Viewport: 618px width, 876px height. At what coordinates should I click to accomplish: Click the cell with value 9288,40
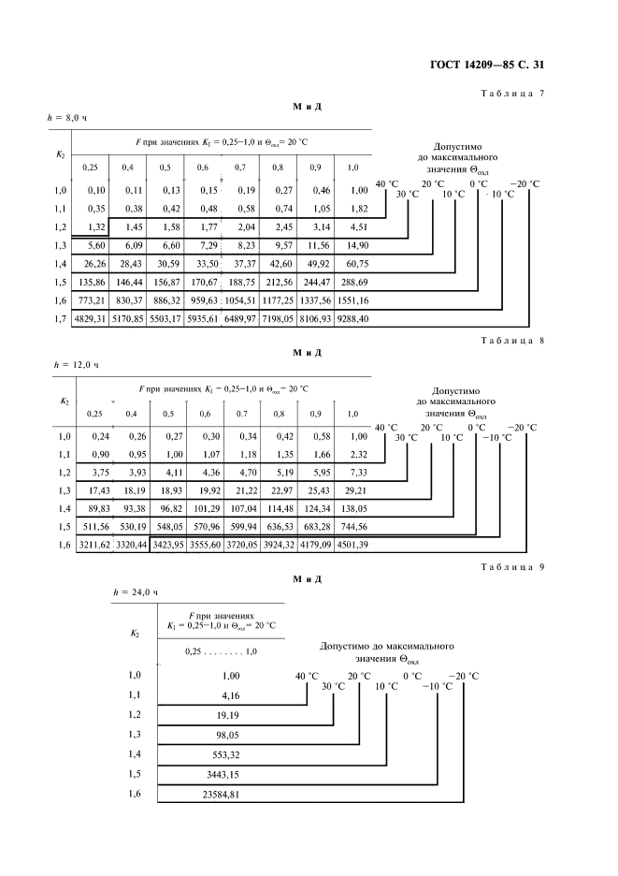352,319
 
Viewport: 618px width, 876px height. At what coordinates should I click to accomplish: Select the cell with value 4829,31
90,319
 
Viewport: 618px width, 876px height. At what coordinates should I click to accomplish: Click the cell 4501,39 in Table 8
352,544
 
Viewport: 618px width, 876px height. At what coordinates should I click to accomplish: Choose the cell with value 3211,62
90,544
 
